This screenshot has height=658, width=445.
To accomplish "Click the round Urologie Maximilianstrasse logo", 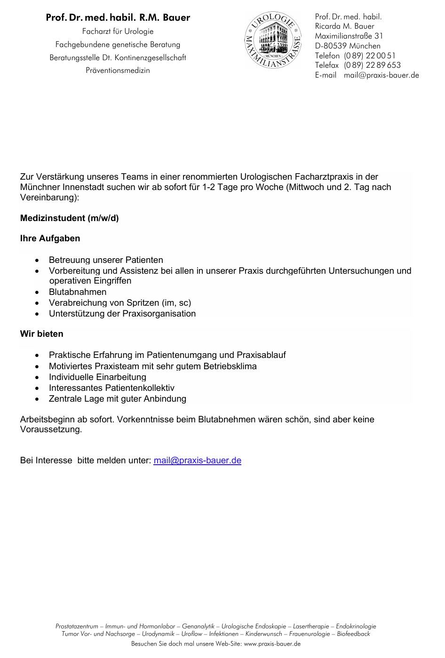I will pyautogui.click(x=273, y=40).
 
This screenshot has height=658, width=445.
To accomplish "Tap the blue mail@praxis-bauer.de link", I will pyautogui.click(x=197, y=460).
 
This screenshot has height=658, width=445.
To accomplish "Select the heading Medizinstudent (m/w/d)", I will pyautogui.click(x=70, y=218).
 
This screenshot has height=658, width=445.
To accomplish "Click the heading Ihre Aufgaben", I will pyautogui.click(x=50, y=238).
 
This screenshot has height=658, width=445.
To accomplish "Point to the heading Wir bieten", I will pyautogui.click(x=41, y=334).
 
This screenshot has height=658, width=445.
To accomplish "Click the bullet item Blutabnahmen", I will pyautogui.click(x=78, y=292).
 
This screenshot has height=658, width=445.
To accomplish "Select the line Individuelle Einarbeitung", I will pyautogui.click(x=97, y=377).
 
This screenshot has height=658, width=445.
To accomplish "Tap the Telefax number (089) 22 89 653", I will pyautogui.click(x=372, y=65).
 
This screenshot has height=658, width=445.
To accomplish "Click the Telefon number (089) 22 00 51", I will pyautogui.click(x=369, y=55).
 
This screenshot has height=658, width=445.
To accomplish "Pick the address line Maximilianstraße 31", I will pyautogui.click(x=349, y=36).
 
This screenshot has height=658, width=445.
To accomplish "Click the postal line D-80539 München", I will pyautogui.click(x=348, y=46).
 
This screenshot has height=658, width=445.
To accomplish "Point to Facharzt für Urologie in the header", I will pyautogui.click(x=118, y=32).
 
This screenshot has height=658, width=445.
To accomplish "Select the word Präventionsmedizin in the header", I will pyautogui.click(x=118, y=71).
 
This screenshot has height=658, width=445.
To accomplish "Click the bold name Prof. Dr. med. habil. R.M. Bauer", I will pyautogui.click(x=118, y=18).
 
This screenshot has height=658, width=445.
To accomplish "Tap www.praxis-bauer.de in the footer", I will pyautogui.click(x=272, y=644).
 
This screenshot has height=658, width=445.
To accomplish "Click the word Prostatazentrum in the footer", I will pyautogui.click(x=77, y=626).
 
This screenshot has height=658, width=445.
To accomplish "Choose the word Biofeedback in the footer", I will pyautogui.click(x=353, y=634).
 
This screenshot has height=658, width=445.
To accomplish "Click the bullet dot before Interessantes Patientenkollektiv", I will pyautogui.click(x=37, y=388).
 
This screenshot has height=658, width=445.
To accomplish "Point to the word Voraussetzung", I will pyautogui.click(x=51, y=429).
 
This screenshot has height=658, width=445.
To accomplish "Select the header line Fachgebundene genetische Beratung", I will pyautogui.click(x=118, y=45).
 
